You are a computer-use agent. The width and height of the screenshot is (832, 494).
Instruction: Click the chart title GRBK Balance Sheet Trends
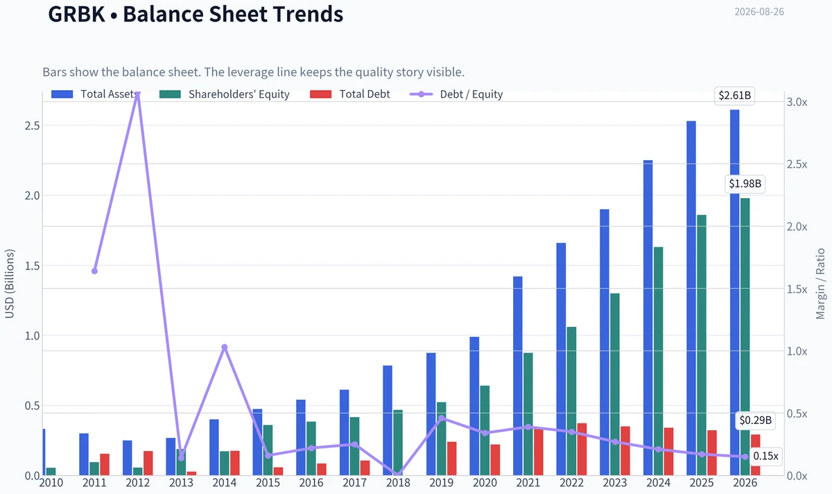tap(196, 14)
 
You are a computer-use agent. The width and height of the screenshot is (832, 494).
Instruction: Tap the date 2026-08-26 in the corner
tap(759, 12)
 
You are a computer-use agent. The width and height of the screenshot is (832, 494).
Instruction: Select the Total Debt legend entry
tap(350, 94)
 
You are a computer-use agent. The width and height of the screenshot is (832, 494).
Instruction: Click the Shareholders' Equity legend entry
tap(225, 94)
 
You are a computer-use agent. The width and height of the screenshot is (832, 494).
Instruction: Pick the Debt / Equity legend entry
tap(456, 94)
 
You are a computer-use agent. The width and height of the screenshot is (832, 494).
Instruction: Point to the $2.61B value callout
tap(735, 96)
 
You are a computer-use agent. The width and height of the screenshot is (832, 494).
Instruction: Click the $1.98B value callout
tap(745, 184)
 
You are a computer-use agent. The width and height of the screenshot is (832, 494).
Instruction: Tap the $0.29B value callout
tap(756, 420)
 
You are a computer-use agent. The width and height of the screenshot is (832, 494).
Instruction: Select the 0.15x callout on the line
tap(765, 456)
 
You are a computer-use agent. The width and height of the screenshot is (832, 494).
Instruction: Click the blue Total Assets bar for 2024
tap(648, 318)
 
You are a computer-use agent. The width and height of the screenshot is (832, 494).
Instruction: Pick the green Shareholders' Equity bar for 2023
tap(615, 385)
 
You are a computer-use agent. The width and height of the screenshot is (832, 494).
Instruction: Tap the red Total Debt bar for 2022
tap(582, 449)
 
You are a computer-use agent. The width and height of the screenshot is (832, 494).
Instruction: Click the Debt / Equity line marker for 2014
tap(225, 347)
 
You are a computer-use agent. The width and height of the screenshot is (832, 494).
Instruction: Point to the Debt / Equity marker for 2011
tap(94, 272)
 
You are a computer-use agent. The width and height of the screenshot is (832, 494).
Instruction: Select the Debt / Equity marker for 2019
tap(441, 418)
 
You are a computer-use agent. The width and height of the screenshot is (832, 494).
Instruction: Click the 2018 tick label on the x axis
tap(398, 483)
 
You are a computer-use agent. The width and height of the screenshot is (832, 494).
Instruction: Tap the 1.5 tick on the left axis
tap(32, 266)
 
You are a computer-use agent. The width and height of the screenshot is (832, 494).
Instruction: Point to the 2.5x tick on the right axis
tap(797, 164)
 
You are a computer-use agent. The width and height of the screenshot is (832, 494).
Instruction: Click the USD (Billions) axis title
tap(10, 284)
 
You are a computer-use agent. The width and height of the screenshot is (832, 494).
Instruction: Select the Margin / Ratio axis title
tap(820, 284)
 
